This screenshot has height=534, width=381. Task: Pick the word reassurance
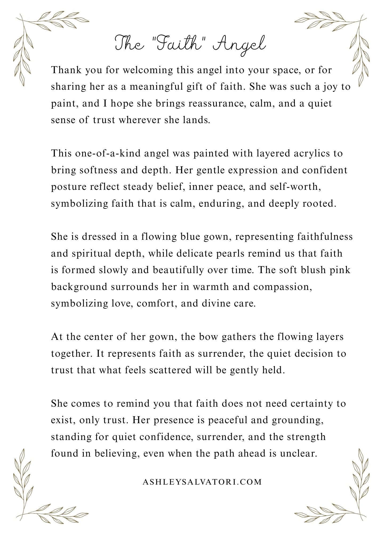tap(217, 103)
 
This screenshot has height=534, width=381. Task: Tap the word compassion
tap(282, 287)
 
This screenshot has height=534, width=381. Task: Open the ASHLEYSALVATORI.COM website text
tap(202, 482)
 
